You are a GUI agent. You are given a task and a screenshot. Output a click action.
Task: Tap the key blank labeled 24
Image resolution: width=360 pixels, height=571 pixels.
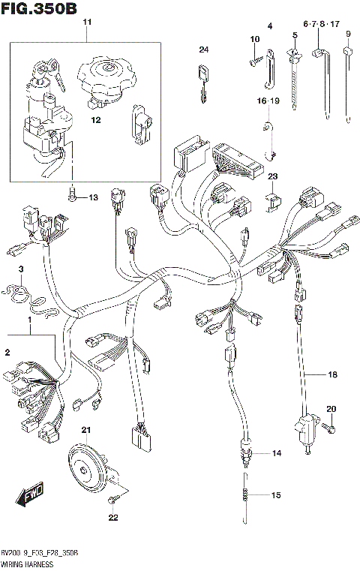point(202,79)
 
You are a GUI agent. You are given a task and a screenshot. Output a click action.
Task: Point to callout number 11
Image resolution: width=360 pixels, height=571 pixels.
point(86,24)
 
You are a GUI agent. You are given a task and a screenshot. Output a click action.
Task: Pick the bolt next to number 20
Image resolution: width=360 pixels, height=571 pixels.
point(328,427)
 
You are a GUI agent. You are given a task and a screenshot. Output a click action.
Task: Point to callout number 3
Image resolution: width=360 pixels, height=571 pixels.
point(21,269)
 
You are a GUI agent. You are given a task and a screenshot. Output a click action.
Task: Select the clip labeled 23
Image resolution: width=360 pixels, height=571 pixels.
point(272,200)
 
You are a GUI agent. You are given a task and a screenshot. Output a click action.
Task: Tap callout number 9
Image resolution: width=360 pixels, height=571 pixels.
point(348,35)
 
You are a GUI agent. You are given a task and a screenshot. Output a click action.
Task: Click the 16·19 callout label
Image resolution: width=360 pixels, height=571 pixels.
point(268,101)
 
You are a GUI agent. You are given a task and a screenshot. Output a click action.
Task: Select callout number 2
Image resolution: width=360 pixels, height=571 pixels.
point(7,352)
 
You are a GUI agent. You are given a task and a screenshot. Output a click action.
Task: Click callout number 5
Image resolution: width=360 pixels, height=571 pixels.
point(295,35)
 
